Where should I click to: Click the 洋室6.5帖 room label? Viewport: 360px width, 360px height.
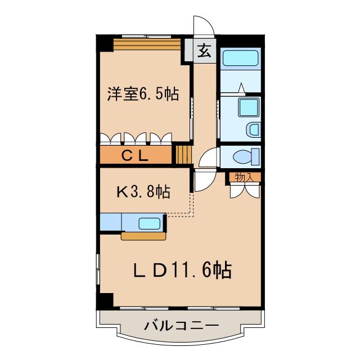pyautogui.click(x=143, y=94)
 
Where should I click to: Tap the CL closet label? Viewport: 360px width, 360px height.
pyautogui.click(x=134, y=156)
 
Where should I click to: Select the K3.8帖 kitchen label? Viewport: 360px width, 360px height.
pyautogui.click(x=143, y=192)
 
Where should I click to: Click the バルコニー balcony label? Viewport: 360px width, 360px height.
pyautogui.click(x=181, y=326)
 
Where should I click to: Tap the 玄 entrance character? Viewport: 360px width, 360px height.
pyautogui.click(x=204, y=51)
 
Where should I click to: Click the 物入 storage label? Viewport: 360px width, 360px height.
pyautogui.click(x=244, y=177)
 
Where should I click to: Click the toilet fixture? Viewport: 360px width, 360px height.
pyautogui.click(x=246, y=156)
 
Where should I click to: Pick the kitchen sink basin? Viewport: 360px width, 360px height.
pyautogui.click(x=150, y=223)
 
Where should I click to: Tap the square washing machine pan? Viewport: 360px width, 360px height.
pyautogui.click(x=248, y=107)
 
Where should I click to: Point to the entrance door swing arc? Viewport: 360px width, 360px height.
pyautogui.click(x=204, y=26)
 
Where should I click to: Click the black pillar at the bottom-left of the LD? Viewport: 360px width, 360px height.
pyautogui.click(x=105, y=300)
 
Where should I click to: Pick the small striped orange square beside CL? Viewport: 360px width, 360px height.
pyautogui.click(x=183, y=155)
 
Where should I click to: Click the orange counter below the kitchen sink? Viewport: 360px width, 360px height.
pyautogui.click(x=143, y=236)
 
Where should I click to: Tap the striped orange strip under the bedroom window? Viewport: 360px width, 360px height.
pyautogui.click(x=147, y=44)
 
